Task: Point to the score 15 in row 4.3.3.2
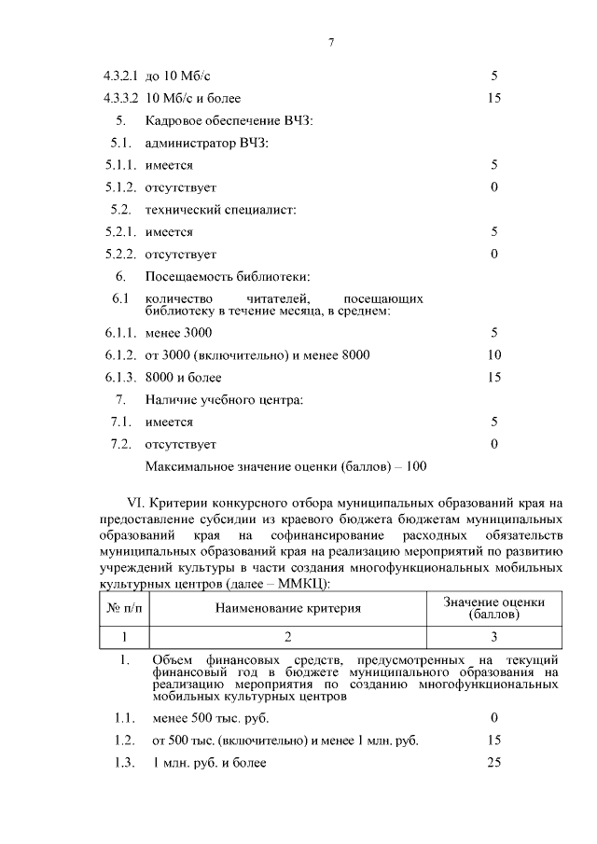[x=494, y=98]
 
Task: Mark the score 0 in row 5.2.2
[x=494, y=254]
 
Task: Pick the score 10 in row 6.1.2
[x=494, y=355]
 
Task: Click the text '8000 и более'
[x=183, y=378]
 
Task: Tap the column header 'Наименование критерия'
[x=288, y=609]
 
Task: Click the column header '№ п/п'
[x=124, y=609]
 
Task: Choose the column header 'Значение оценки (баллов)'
[x=493, y=609]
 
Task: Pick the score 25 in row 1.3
[x=494, y=763]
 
